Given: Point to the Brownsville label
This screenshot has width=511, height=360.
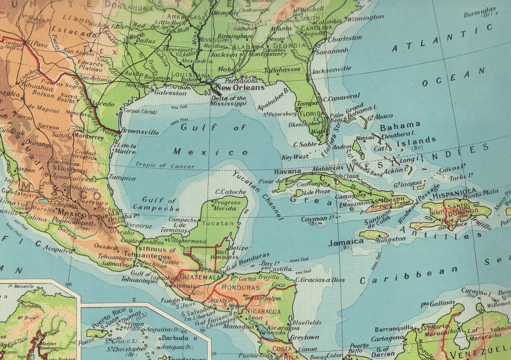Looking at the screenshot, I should [141, 133].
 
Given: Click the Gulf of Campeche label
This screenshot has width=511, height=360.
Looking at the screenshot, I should [159, 203].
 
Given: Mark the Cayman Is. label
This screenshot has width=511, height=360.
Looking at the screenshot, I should [318, 219].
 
